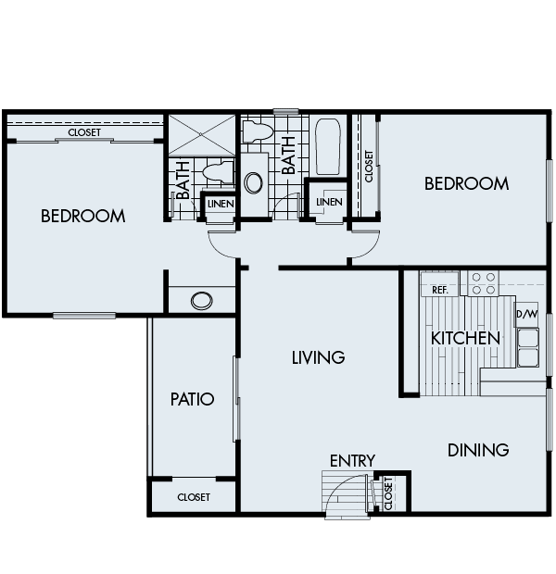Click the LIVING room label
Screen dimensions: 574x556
coord(318,357)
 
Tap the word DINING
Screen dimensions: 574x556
coord(478,451)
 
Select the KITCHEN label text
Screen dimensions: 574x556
coord(465,338)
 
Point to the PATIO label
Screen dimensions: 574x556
coord(193,400)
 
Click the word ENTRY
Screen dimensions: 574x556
coord(352,460)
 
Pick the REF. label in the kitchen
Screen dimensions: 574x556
coord(440,290)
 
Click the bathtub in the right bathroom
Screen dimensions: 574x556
coord(327,147)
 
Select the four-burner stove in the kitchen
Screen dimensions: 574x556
coord(481,282)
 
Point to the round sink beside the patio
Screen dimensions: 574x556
coord(202,301)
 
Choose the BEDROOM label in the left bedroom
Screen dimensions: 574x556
coord(83,217)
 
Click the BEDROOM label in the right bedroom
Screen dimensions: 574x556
coord(466,183)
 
